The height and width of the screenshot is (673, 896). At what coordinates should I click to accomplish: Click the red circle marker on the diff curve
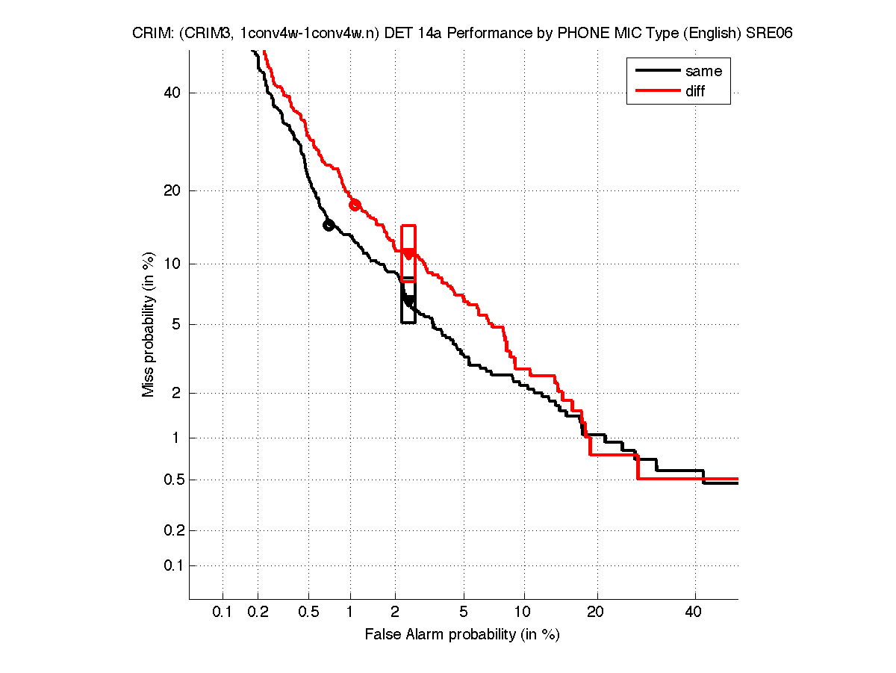pos(355,205)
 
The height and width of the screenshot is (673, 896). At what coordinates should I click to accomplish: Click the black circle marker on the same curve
pos(329,226)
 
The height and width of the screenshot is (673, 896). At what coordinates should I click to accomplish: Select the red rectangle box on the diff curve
pos(408,253)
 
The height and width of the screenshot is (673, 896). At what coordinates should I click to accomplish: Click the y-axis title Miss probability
pos(149,324)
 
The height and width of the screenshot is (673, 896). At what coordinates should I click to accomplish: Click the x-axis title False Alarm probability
pos(461,635)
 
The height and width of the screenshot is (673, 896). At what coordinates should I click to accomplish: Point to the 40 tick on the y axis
pos(172,93)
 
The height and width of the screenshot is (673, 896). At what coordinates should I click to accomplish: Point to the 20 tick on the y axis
pos(172,190)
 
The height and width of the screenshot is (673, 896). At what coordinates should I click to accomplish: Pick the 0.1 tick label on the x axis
pos(223,612)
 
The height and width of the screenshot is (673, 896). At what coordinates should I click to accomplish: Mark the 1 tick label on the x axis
pos(350,612)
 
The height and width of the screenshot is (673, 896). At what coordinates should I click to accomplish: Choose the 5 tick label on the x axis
pos(464,612)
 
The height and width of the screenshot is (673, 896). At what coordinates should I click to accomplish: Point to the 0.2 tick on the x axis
pos(258,612)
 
